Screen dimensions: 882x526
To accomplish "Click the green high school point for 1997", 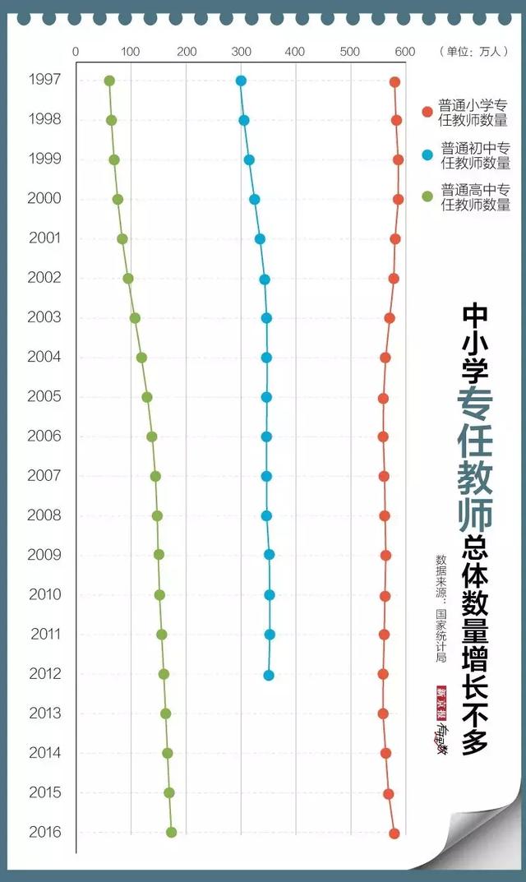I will (x=109, y=81).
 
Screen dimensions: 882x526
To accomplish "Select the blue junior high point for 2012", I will (x=269, y=675).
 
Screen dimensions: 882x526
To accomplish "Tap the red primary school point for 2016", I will (x=394, y=834).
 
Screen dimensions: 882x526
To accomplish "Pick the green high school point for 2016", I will (x=171, y=832).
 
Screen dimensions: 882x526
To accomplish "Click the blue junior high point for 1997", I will (x=241, y=81).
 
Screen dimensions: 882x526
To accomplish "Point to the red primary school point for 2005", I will (x=383, y=398).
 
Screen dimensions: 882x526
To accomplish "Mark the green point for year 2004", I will (x=141, y=358).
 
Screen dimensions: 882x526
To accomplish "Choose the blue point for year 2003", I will (x=266, y=318).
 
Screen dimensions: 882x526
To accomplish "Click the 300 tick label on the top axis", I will (x=241, y=52).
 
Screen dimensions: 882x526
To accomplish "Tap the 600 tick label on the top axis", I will (x=404, y=52).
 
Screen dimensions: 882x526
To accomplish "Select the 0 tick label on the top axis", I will (x=76, y=52).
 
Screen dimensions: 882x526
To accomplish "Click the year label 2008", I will (x=44, y=515).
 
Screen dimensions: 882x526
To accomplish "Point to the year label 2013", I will (x=44, y=713).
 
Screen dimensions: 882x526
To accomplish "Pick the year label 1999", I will (x=44, y=159).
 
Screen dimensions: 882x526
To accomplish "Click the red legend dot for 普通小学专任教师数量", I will (x=427, y=112).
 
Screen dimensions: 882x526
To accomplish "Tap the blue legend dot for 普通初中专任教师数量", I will (x=427, y=155).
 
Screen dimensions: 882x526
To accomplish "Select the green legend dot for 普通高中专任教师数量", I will (x=427, y=196).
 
